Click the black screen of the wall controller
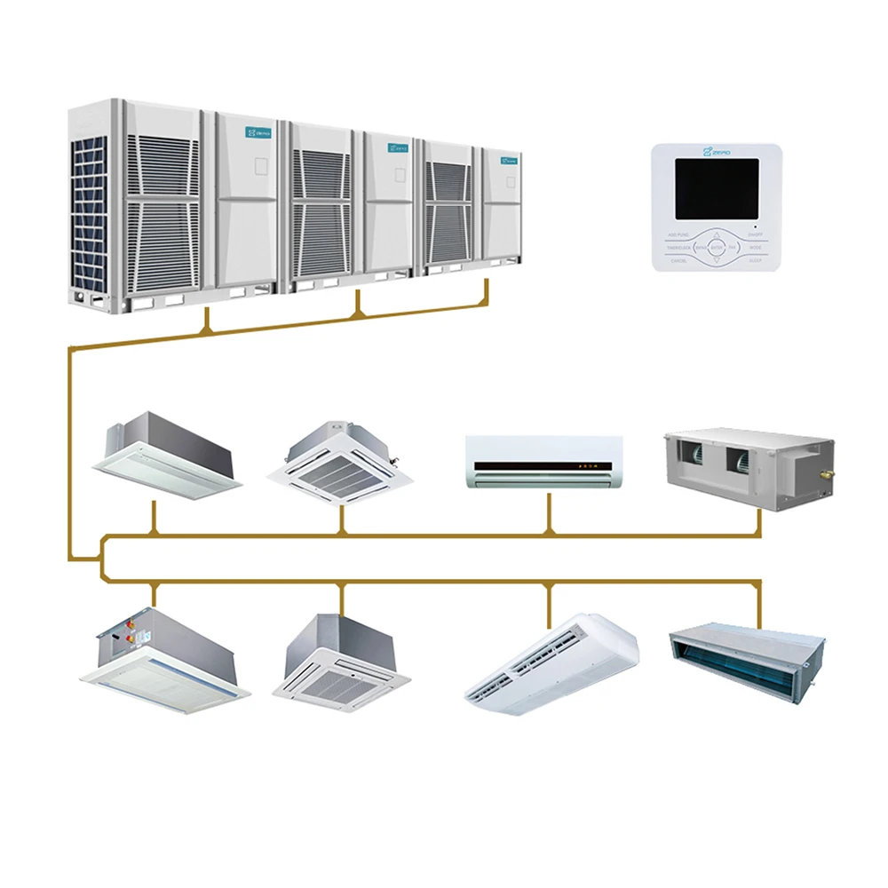[717, 189]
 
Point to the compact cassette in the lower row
[343, 662]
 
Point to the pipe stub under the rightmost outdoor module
[487, 291]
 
